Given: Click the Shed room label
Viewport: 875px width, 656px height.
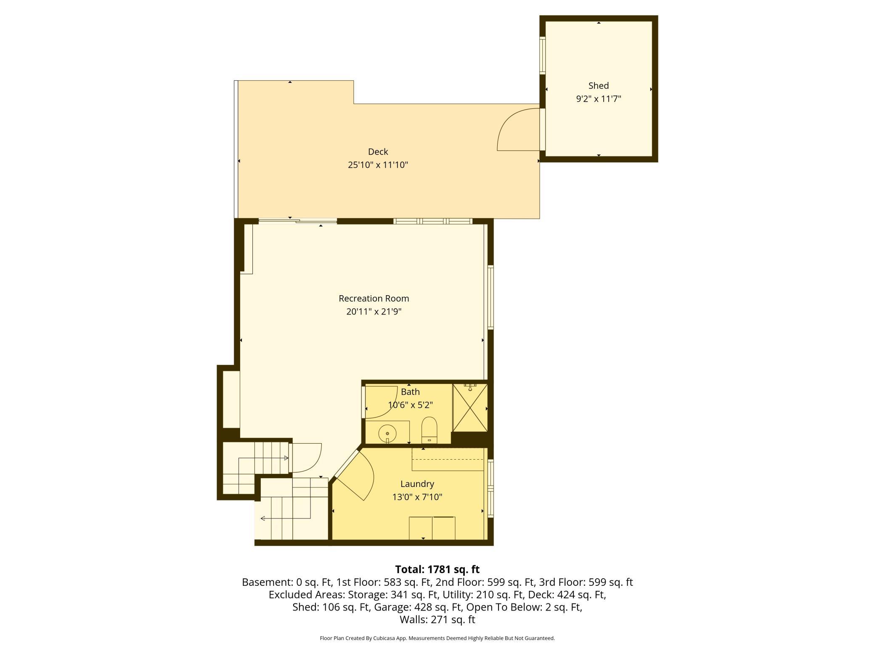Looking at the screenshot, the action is (x=598, y=86).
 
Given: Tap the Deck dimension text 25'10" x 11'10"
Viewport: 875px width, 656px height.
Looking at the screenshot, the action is (x=378, y=165).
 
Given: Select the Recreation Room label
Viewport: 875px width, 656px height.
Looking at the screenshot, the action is (x=374, y=299).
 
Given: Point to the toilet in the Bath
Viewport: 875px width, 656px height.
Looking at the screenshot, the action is (x=429, y=430).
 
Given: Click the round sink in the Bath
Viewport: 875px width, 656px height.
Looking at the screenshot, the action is (x=387, y=433).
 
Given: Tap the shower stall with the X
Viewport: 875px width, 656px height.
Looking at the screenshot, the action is (x=470, y=407).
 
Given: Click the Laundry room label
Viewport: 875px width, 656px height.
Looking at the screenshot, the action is (x=417, y=484).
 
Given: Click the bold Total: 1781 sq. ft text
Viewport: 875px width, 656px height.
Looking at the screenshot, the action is (x=437, y=569).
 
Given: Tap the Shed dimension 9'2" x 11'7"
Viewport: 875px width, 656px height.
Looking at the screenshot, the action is (x=598, y=99).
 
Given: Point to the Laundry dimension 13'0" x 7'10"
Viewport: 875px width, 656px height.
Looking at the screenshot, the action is (x=417, y=497).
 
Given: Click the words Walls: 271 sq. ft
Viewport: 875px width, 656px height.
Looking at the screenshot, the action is (x=437, y=619).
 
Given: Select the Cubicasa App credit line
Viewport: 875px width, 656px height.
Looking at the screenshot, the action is (x=437, y=638).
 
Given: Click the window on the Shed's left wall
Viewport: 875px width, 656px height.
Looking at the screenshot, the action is (x=543, y=56).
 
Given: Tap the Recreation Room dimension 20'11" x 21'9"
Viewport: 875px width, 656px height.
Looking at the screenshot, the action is (x=374, y=312).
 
